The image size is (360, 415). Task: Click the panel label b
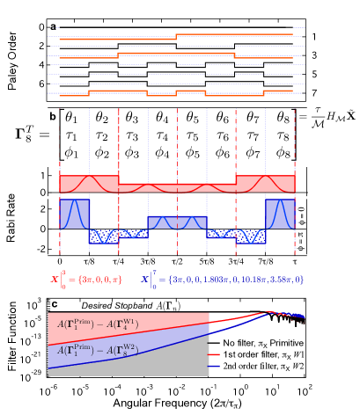[x=53, y=116]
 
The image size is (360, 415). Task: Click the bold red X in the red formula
[x=55, y=280]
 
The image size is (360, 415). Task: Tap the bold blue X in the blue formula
[x=145, y=280]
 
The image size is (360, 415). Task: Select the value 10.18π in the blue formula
[x=250, y=280]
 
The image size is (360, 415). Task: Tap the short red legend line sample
[x=214, y=356]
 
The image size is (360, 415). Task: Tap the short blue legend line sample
[x=214, y=366]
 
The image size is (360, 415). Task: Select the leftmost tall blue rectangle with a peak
[x=75, y=214]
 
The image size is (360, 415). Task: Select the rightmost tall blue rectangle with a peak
[x=280, y=214]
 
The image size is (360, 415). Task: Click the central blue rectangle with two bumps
[x=177, y=222]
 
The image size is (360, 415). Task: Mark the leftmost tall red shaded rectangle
[x=89, y=183]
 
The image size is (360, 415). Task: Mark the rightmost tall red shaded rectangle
[x=265, y=183]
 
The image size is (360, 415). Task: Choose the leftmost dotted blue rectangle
[x=104, y=236]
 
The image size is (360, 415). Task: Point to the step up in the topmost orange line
[x=177, y=36]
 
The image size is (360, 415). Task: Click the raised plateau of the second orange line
[x=176, y=54]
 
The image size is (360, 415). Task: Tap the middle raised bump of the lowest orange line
[x=191, y=91]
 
